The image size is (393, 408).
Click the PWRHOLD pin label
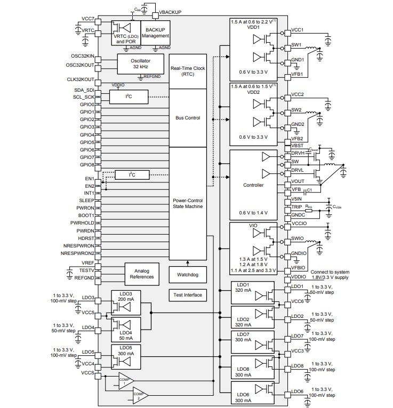pyautogui.click(x=83, y=223)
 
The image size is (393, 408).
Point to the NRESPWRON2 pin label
pyautogui.click(x=78, y=253)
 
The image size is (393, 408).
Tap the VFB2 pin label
pyautogui.click(x=298, y=139)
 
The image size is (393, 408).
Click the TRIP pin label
pyautogui.click(x=296, y=206)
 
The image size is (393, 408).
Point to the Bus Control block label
pyautogui.click(x=188, y=117)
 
